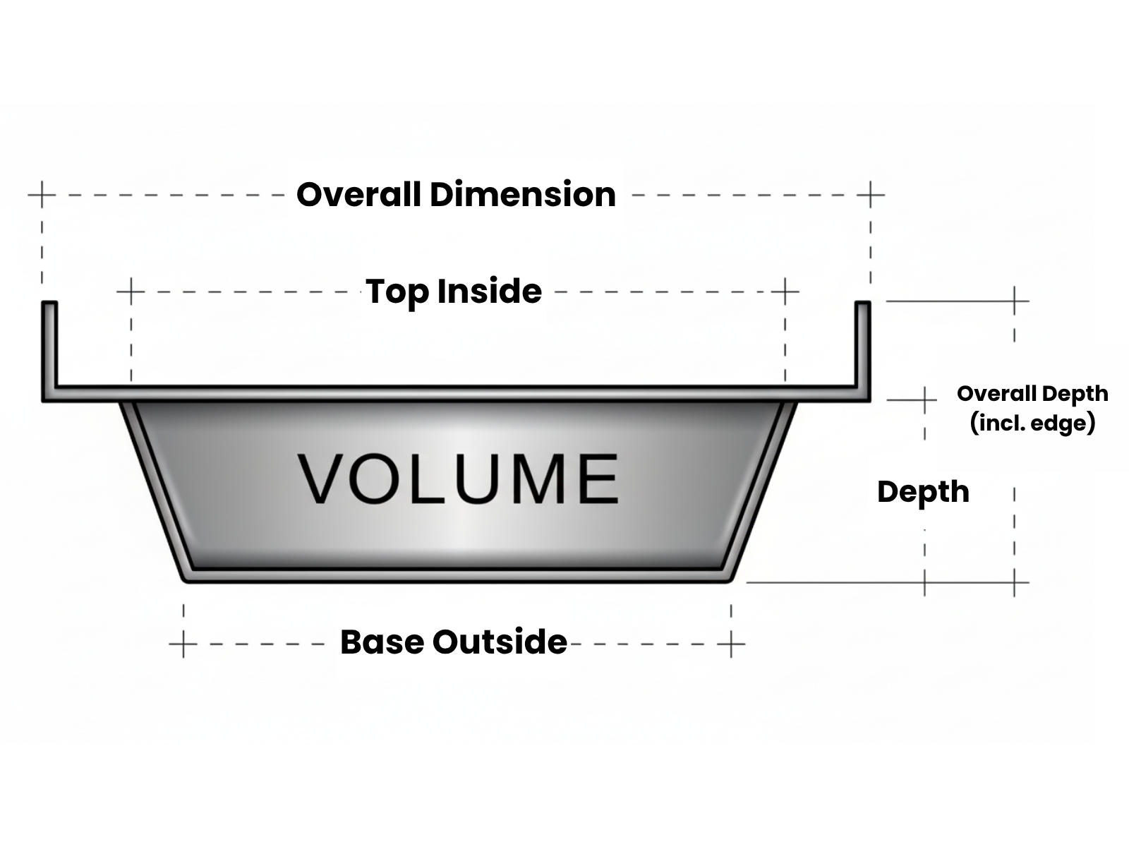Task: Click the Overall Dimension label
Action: tap(456, 195)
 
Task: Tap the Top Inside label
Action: tap(454, 292)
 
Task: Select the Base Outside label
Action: tap(454, 642)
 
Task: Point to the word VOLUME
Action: tap(459, 479)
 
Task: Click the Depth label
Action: tap(923, 492)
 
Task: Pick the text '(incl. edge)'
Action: tap(1032, 423)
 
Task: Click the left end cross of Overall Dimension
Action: tap(42, 194)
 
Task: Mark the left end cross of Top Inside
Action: tap(131, 291)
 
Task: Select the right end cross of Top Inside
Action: tap(785, 291)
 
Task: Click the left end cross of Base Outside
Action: tap(183, 644)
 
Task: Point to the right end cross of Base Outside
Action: tap(732, 644)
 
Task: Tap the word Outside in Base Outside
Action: tap(500, 642)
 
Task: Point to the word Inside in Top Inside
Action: tap(489, 292)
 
